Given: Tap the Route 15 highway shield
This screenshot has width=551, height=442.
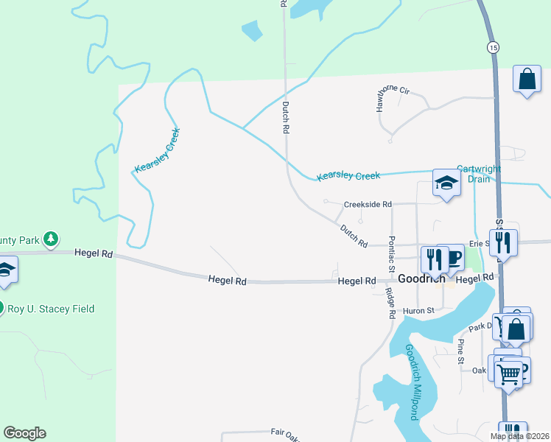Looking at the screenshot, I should (492, 47).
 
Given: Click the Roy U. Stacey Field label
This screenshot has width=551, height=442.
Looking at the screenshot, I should (51, 309).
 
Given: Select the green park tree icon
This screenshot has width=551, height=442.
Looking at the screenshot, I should (50, 239).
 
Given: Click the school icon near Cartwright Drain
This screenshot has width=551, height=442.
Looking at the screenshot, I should (446, 182).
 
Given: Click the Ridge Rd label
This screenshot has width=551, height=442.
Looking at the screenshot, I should (391, 303).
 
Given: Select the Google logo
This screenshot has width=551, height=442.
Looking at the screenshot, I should (24, 433).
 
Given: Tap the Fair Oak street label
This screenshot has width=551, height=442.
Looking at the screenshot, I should (286, 432).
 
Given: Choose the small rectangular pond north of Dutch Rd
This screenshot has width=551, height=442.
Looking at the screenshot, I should (252, 30).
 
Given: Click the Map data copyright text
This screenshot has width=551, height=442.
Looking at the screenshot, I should (519, 437).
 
